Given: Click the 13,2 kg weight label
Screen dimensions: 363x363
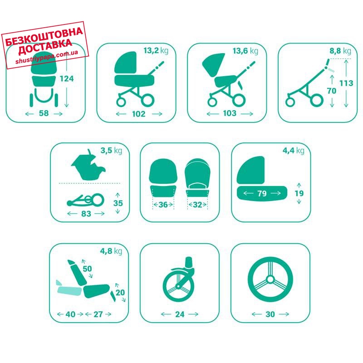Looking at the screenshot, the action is [156, 50].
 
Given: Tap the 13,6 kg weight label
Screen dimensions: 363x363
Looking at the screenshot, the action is [245, 51].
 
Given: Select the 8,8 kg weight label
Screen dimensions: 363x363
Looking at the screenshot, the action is [340, 51].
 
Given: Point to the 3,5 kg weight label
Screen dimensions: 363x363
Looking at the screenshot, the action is [111, 151].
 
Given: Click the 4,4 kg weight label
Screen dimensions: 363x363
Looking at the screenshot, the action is [293, 151].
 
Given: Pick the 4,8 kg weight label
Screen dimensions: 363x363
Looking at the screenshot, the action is [111, 251].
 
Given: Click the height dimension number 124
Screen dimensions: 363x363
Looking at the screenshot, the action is [67, 78].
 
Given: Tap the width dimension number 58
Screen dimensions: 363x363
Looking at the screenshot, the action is [44, 113].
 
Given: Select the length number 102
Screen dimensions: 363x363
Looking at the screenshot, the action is [139, 114].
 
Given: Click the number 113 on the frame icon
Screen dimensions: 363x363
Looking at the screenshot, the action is [346, 83].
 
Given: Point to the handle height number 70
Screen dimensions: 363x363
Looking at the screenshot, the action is [332, 91].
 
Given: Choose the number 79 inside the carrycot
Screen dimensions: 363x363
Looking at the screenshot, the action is [262, 193].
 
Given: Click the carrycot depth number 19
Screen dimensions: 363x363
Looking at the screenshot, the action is [299, 193].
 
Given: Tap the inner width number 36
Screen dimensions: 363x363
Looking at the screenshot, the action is [163, 205].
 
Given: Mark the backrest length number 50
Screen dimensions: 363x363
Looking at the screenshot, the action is [87, 269].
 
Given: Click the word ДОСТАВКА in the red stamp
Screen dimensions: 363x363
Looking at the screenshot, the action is [45, 47].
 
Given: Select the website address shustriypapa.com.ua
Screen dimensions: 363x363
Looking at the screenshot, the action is [47, 57].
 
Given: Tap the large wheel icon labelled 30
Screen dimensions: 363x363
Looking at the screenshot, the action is [270, 280].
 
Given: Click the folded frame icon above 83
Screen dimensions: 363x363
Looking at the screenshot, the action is [85, 201].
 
